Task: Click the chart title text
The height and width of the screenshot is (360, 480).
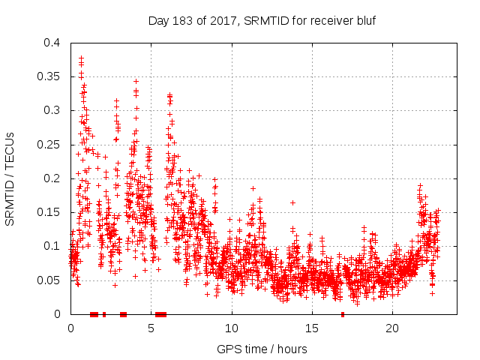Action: pos(261,20)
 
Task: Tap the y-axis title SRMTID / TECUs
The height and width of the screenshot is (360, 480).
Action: pos(10,178)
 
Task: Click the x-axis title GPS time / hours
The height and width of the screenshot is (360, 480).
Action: pos(262,349)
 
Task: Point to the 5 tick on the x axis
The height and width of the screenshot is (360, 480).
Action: pos(151,328)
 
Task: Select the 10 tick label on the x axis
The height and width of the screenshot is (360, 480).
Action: pos(232,328)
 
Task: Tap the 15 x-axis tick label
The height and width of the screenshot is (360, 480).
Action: pos(312,328)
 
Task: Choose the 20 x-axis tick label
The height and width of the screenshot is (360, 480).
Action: pos(392,328)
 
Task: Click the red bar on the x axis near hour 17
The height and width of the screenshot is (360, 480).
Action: pos(343,314)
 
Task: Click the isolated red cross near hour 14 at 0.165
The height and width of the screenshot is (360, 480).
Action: pos(292,202)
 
